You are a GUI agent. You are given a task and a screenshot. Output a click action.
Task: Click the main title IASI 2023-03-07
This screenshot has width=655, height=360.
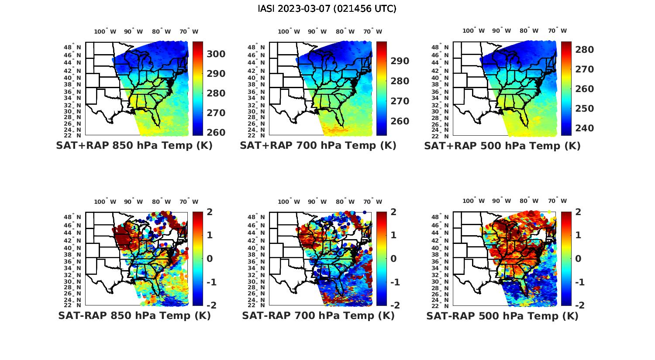pyautogui.click(x=327, y=9)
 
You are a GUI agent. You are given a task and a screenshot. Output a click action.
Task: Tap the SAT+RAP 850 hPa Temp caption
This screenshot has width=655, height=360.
pyautogui.click(x=134, y=146)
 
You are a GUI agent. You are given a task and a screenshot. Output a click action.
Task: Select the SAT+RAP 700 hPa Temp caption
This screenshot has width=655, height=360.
pyautogui.click(x=318, y=146)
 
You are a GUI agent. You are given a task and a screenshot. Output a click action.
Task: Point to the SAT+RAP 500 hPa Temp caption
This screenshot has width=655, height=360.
pyautogui.click(x=502, y=146)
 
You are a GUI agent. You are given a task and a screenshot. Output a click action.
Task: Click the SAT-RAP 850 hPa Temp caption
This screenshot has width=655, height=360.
pyautogui.click(x=134, y=316)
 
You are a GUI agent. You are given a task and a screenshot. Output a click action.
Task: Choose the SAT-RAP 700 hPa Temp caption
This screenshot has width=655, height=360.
pyautogui.click(x=318, y=316)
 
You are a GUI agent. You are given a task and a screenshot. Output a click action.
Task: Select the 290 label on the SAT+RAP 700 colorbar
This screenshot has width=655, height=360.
pyautogui.click(x=400, y=61)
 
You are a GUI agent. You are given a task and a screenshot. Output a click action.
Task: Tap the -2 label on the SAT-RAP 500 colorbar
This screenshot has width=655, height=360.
pyautogui.click(x=576, y=305)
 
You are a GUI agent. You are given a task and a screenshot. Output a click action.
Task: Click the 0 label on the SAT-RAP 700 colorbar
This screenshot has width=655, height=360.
pyautogui.click(x=393, y=258)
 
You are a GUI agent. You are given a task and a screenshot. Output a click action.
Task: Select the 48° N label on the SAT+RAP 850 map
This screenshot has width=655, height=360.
pyautogui.click(x=72, y=47)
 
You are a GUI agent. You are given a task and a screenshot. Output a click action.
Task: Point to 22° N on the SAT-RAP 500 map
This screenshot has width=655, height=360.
pyautogui.click(x=440, y=305)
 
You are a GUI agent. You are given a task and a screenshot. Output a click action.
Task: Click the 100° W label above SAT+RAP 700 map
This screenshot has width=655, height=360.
pyautogui.click(x=289, y=31)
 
